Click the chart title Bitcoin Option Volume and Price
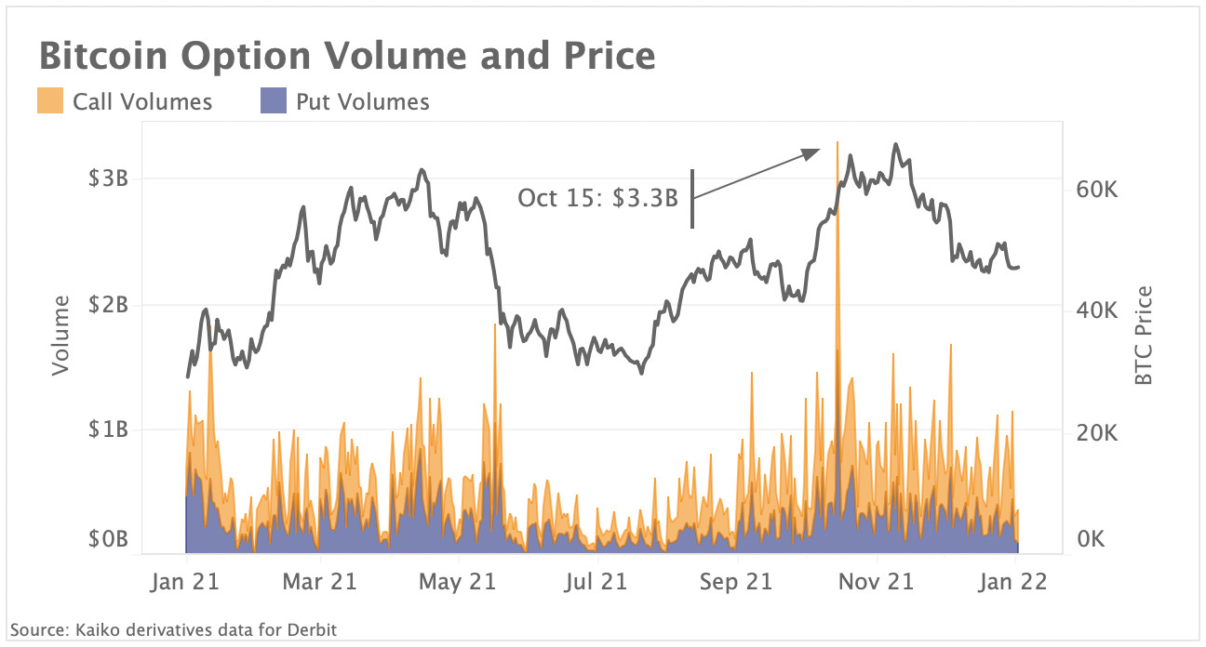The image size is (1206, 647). point(346,56)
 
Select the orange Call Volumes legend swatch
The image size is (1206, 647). point(50,100)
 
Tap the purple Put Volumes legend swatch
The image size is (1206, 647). point(274,100)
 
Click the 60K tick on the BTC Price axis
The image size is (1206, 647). point(1095,190)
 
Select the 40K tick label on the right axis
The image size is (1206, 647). point(1095,310)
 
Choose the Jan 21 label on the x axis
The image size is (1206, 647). point(187,582)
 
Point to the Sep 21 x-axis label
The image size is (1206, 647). point(736,582)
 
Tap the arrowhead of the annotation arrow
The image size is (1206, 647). point(816,152)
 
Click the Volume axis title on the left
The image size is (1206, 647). point(61,336)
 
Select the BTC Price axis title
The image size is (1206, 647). point(1144,336)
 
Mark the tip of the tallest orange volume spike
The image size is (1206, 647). point(837,142)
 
